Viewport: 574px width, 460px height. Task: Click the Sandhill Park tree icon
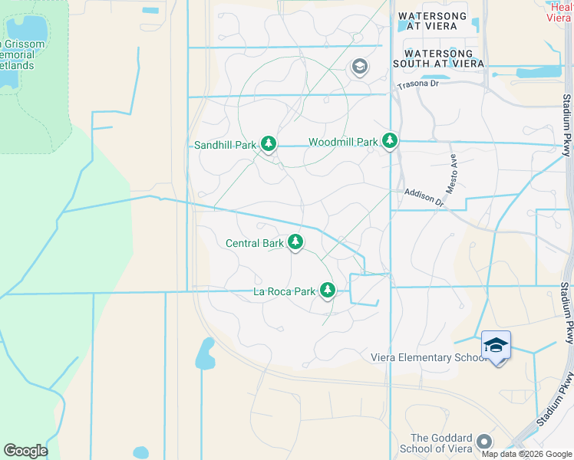(268, 143)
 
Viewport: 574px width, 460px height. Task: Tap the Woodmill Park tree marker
(391, 141)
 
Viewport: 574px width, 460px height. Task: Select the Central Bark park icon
(295, 243)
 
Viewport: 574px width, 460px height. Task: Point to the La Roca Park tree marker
(328, 291)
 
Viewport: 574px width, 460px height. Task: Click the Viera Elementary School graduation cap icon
(496, 346)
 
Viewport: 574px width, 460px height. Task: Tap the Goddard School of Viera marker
(483, 442)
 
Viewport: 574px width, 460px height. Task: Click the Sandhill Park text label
(225, 144)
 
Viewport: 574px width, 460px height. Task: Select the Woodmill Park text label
(343, 142)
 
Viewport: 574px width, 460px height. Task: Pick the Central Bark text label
(255, 244)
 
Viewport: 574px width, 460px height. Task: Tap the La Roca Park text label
(285, 291)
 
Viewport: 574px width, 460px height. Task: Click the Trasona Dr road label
(417, 84)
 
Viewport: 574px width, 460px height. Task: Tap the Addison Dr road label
(424, 199)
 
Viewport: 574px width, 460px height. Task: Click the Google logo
(25, 451)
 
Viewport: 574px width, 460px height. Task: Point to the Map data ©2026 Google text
(526, 453)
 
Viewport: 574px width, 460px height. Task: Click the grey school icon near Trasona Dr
(359, 67)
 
